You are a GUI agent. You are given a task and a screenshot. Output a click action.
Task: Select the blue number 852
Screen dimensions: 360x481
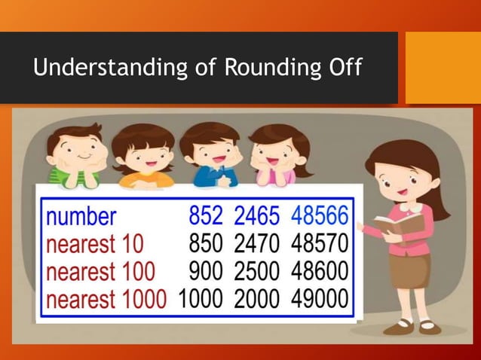coord(205,217)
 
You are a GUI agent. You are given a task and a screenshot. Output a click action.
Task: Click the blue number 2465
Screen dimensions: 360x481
coord(257,217)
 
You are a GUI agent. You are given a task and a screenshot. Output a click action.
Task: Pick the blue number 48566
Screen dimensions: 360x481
coord(319,217)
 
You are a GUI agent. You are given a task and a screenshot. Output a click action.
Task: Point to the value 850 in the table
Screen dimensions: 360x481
coord(205,244)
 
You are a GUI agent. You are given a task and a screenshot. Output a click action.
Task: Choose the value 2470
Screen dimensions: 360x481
coord(257,244)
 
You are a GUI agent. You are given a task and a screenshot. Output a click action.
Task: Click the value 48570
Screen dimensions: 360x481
coord(319,244)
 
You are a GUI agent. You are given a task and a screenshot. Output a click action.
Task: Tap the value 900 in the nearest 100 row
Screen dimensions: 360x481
coord(205,271)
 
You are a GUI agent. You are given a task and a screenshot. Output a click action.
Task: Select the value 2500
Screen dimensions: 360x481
coord(257,271)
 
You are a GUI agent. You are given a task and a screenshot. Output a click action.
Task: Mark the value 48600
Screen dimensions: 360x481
coord(319,271)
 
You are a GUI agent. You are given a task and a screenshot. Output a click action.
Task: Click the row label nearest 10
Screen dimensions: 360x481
coord(95,244)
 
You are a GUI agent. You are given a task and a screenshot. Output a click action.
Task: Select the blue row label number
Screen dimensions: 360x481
coord(81,217)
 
